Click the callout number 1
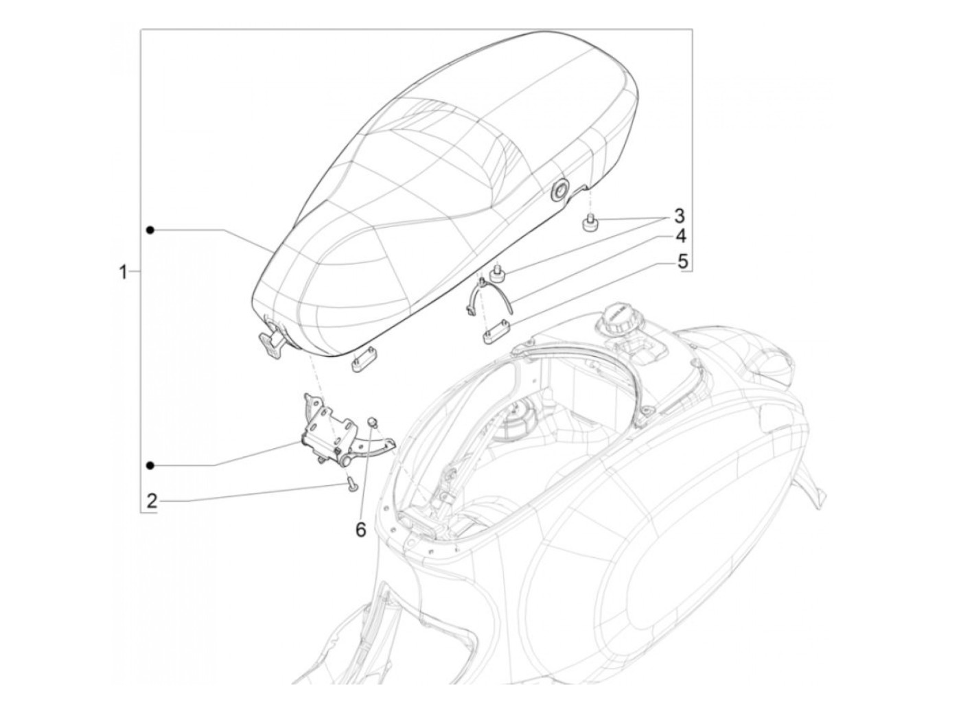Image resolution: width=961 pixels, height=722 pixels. (x=124, y=272)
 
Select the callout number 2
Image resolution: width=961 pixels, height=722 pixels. (x=152, y=500)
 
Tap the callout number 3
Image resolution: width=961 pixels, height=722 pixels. (x=678, y=216)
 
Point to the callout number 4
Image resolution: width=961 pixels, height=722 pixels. (x=680, y=237)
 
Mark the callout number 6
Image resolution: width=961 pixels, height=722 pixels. (x=360, y=530)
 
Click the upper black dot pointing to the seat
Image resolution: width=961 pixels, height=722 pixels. (x=150, y=230)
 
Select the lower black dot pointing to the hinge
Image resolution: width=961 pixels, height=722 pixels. (x=150, y=465)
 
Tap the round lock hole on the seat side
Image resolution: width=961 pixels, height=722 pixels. (x=559, y=191)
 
